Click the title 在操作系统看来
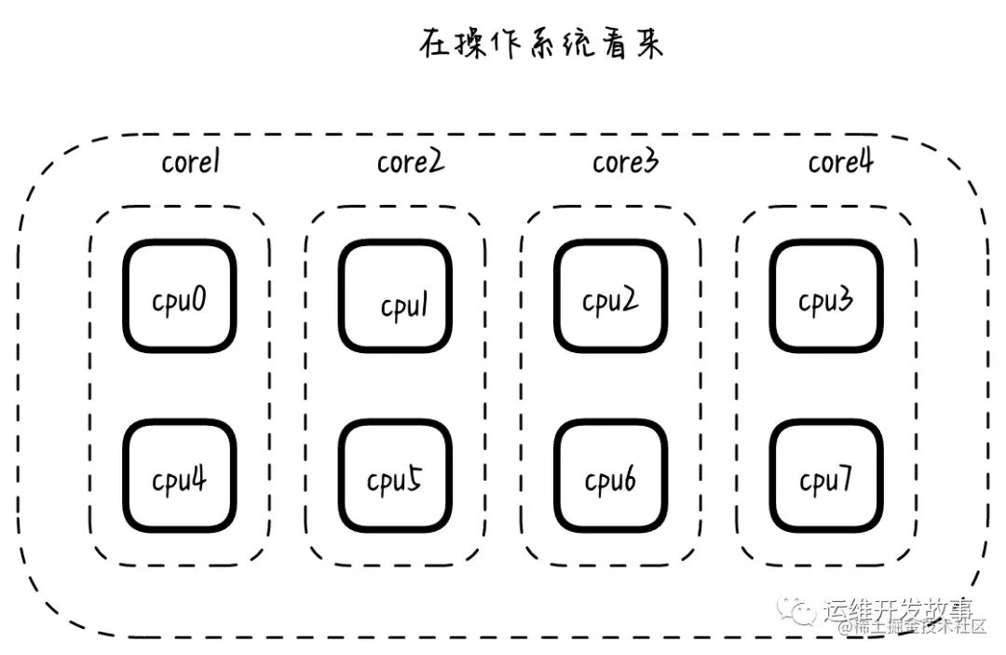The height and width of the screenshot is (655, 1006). pyautogui.click(x=540, y=45)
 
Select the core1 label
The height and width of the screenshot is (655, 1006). pyautogui.click(x=190, y=162)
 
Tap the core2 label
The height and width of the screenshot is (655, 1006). pyautogui.click(x=410, y=162)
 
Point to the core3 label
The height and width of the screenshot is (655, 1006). pyautogui.click(x=625, y=162)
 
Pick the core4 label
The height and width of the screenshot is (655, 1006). pyautogui.click(x=840, y=162)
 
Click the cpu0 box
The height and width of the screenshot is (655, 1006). pyautogui.click(x=180, y=296)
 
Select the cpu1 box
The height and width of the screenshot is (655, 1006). pyautogui.click(x=395, y=296)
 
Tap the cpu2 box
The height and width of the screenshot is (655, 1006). pyautogui.click(x=611, y=296)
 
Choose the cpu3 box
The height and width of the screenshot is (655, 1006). pyautogui.click(x=825, y=296)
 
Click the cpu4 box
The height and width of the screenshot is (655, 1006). pyautogui.click(x=180, y=476)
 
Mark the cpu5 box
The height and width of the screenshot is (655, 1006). pyautogui.click(x=395, y=476)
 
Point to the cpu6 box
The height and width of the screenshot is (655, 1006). pyautogui.click(x=611, y=476)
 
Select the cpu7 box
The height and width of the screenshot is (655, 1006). pyautogui.click(x=825, y=476)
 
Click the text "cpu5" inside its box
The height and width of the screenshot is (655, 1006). pyautogui.click(x=394, y=481)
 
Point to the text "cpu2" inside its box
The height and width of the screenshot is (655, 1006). pyautogui.click(x=610, y=301)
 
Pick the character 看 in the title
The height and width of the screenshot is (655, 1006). pyautogui.click(x=615, y=45)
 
